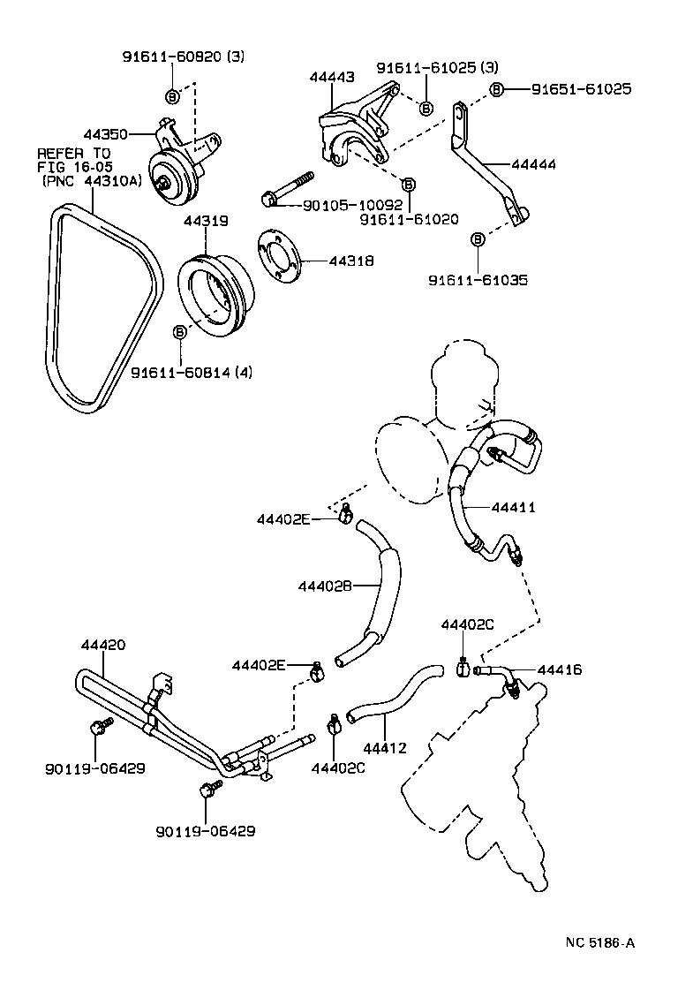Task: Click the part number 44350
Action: pyautogui.click(x=105, y=134)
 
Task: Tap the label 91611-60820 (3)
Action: pyautogui.click(x=183, y=57)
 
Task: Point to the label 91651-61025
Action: pyautogui.click(x=581, y=89)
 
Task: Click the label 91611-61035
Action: pyautogui.click(x=478, y=281)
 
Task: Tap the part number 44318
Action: pyautogui.click(x=351, y=261)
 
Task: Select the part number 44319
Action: pyautogui.click(x=206, y=224)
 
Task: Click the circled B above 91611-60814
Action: pyautogui.click(x=179, y=331)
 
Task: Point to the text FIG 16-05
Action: pyautogui.click(x=75, y=167)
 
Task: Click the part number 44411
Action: pyautogui.click(x=513, y=508)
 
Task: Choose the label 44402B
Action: pyautogui.click(x=325, y=586)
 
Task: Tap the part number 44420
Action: pyautogui.click(x=103, y=646)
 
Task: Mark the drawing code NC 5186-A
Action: pyautogui.click(x=600, y=942)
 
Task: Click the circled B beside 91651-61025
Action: pyautogui.click(x=496, y=90)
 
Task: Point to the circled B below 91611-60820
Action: pyautogui.click(x=172, y=95)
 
